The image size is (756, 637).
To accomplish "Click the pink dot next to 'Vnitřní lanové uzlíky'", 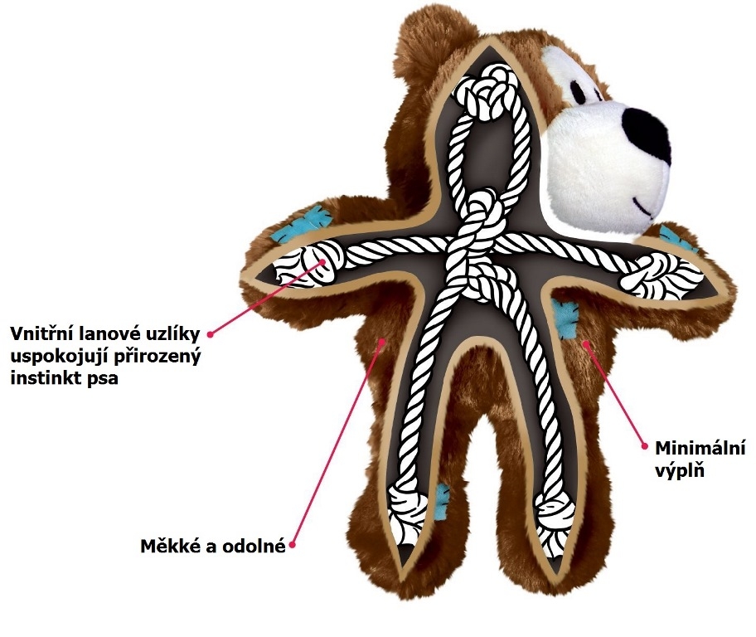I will pyautogui.click(x=211, y=334).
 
